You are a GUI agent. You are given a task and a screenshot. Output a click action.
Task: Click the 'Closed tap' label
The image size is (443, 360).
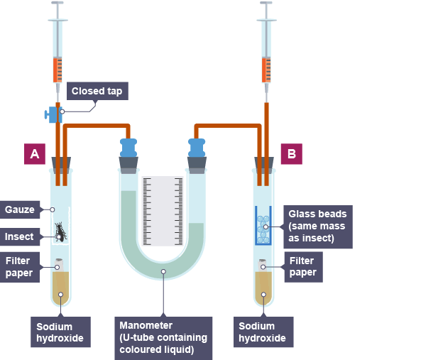[97, 91]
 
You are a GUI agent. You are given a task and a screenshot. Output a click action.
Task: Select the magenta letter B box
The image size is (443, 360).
[292, 154]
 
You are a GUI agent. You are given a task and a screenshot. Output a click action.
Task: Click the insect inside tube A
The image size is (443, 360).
[62, 232]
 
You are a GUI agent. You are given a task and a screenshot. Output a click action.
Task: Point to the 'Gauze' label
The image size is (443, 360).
[20, 209]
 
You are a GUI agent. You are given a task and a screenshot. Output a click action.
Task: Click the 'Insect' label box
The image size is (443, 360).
[20, 236]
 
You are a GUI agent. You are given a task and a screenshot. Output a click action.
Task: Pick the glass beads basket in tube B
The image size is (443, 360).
[264, 226]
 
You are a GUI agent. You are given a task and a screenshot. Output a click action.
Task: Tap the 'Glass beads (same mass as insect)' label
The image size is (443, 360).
[318, 227]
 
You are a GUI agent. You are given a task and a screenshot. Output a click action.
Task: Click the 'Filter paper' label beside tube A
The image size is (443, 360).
[18, 266]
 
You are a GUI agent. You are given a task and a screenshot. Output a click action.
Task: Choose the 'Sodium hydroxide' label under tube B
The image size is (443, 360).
[262, 332]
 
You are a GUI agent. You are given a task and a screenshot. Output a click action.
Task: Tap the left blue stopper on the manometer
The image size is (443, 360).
[128, 148]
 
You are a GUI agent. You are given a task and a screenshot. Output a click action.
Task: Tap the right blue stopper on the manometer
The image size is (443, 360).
[197, 148]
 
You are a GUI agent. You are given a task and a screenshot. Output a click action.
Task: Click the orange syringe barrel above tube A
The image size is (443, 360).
[57, 70]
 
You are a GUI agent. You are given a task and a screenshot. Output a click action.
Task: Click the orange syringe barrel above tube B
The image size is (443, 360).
[266, 70]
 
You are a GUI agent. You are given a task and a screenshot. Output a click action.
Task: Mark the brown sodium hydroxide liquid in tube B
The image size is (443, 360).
[264, 285]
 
